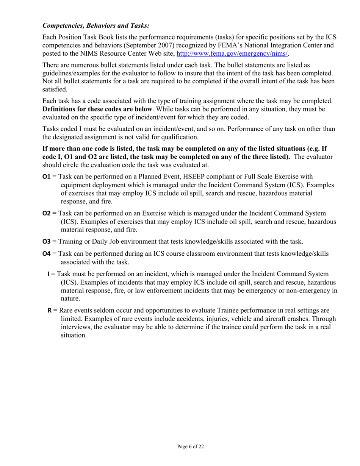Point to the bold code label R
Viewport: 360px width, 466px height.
(49, 310)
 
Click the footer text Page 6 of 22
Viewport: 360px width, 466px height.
(191, 447)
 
